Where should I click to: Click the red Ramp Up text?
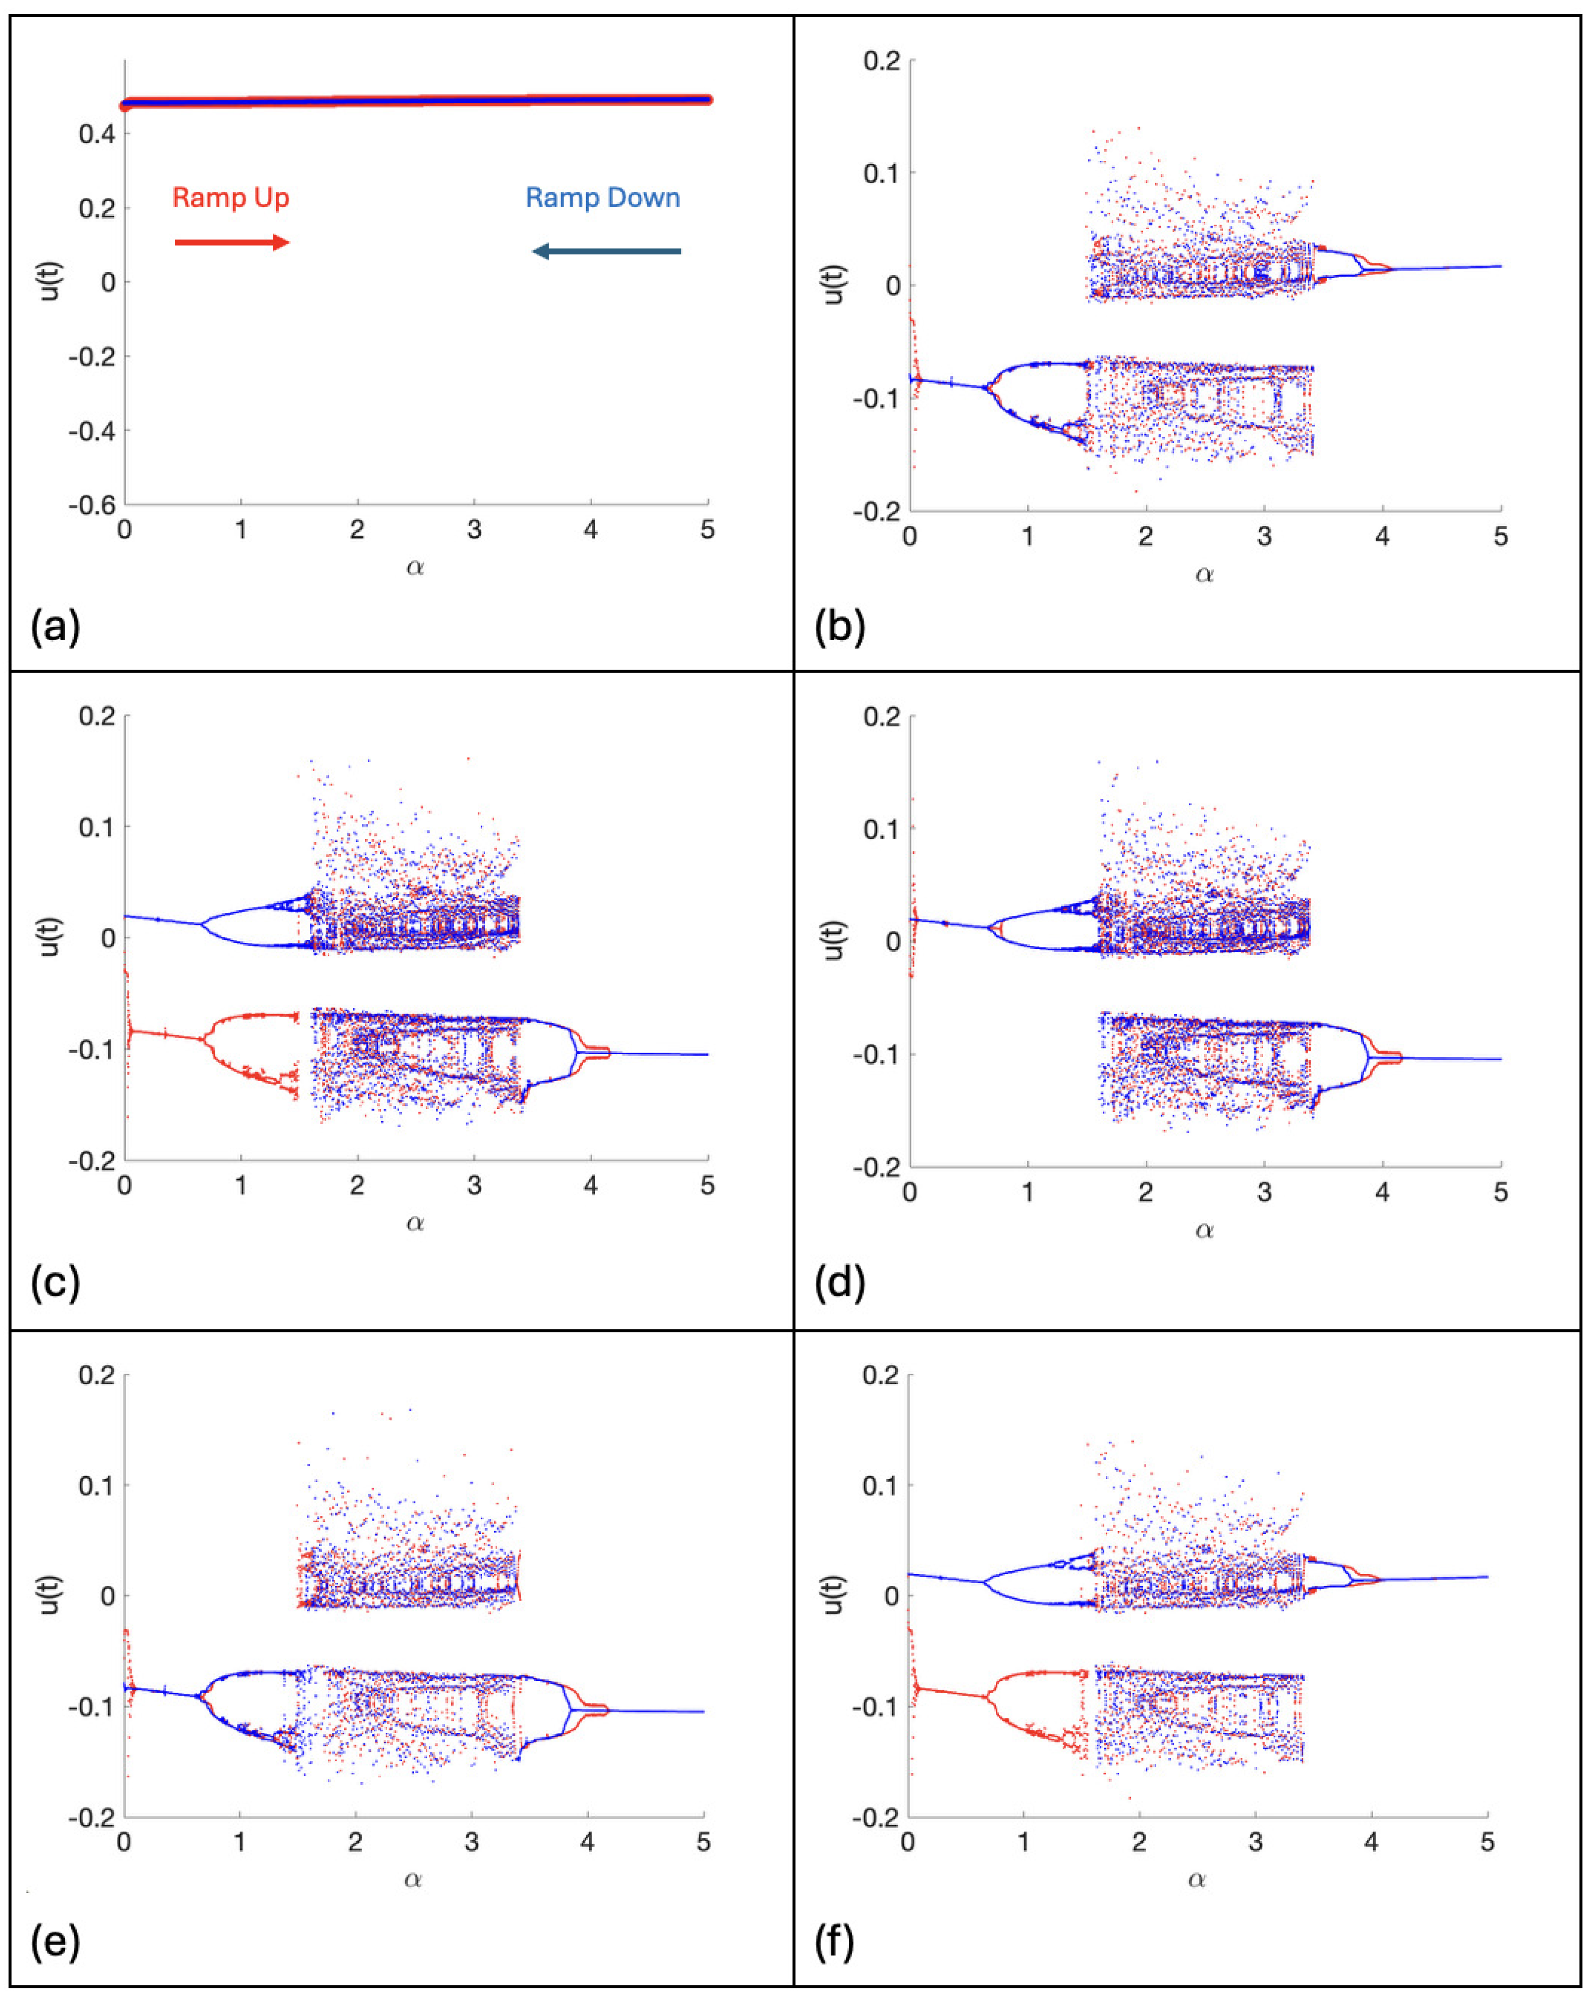[230, 198]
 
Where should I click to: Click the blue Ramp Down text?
[602, 198]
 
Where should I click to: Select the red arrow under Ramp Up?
[232, 243]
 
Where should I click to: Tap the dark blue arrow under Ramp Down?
[606, 251]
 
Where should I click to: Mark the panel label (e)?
[55, 1942]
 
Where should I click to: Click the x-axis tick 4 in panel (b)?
[1382, 537]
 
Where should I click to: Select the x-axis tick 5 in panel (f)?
[1487, 1842]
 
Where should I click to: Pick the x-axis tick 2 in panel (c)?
[357, 1187]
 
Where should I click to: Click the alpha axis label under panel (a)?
[415, 568]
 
